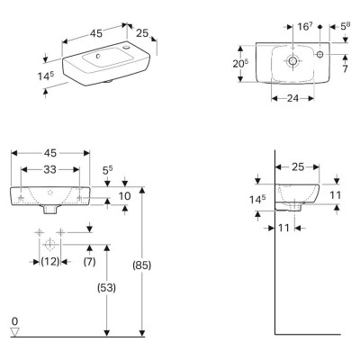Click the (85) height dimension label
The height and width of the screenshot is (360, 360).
[x=142, y=265]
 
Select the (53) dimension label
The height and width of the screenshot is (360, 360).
[x=106, y=288]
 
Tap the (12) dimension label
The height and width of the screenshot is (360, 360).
[x=50, y=262]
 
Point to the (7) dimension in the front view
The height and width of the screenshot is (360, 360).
[x=89, y=262]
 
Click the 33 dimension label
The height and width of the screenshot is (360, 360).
[x=49, y=169]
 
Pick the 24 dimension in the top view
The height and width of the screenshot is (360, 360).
[x=292, y=98]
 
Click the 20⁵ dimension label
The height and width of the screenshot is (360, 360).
[x=240, y=63]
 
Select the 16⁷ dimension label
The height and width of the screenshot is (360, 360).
[x=305, y=26]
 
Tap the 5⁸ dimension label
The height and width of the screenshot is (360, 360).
[x=345, y=26]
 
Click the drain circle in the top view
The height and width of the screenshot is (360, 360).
[x=292, y=60]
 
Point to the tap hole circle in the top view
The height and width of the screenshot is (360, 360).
[x=320, y=54]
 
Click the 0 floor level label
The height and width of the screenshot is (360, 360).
[x=14, y=321]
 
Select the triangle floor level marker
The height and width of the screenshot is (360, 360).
[x=14, y=331]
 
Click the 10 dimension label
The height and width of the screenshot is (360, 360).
[x=125, y=196]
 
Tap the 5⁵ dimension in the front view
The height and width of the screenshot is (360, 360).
[x=107, y=171]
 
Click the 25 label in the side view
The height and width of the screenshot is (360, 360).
[x=298, y=166]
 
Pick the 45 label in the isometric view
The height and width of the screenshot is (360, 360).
[x=96, y=33]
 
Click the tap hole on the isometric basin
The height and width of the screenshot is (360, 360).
[x=125, y=47]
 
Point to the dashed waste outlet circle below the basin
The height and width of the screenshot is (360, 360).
[x=49, y=245]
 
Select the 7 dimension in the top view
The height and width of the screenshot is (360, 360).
[x=345, y=68]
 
